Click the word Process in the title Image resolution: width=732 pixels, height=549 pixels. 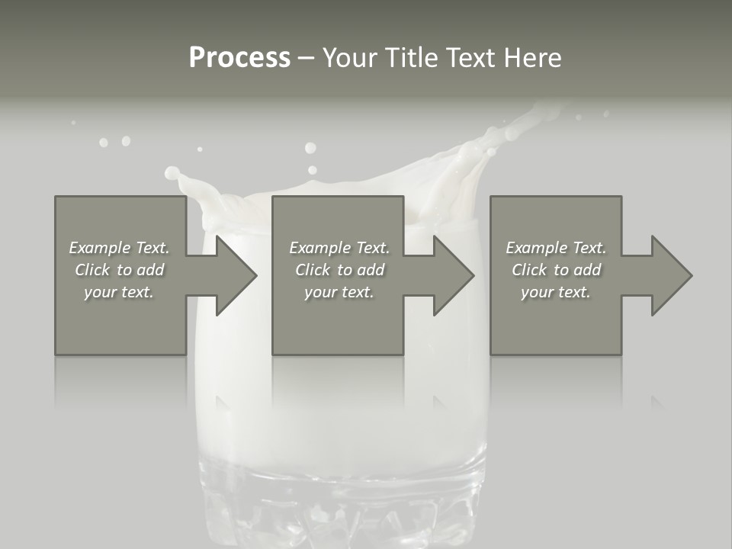tap(239, 58)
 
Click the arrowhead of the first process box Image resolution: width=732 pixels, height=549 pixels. tap(236, 275)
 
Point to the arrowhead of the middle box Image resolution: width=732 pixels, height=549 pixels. tap(454, 275)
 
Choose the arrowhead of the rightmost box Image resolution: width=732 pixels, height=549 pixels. tap(672, 275)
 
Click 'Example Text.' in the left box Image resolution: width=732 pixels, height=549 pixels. tap(119, 248)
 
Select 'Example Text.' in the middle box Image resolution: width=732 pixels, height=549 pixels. tap(339, 248)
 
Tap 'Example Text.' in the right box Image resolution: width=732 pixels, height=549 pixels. tap(556, 248)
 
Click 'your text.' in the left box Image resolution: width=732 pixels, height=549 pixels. tap(119, 292)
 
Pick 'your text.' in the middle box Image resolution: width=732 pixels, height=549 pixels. tap(339, 292)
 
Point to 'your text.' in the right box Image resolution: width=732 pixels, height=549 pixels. tap(556, 292)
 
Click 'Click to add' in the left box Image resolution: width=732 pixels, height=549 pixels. tap(119, 270)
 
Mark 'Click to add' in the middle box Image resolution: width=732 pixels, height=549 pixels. tap(339, 270)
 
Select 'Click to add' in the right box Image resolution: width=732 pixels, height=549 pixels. tap(556, 270)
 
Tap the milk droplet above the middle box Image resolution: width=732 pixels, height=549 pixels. tap(310, 148)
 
